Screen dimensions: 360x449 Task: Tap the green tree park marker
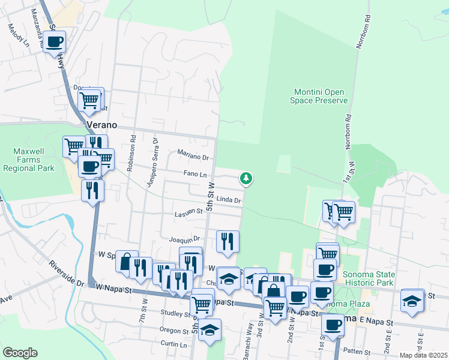click(246, 178)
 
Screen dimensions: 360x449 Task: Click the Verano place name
click(100, 125)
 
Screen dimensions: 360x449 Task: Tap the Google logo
click(20, 353)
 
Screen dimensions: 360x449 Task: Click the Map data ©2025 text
click(423, 355)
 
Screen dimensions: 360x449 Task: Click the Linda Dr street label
click(229, 199)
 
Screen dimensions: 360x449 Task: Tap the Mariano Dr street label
click(193, 158)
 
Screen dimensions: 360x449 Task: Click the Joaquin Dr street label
click(184, 239)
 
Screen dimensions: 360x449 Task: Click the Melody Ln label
click(18, 35)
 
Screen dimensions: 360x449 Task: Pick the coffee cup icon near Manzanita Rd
click(55, 42)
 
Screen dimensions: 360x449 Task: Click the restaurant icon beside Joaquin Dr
click(228, 241)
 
